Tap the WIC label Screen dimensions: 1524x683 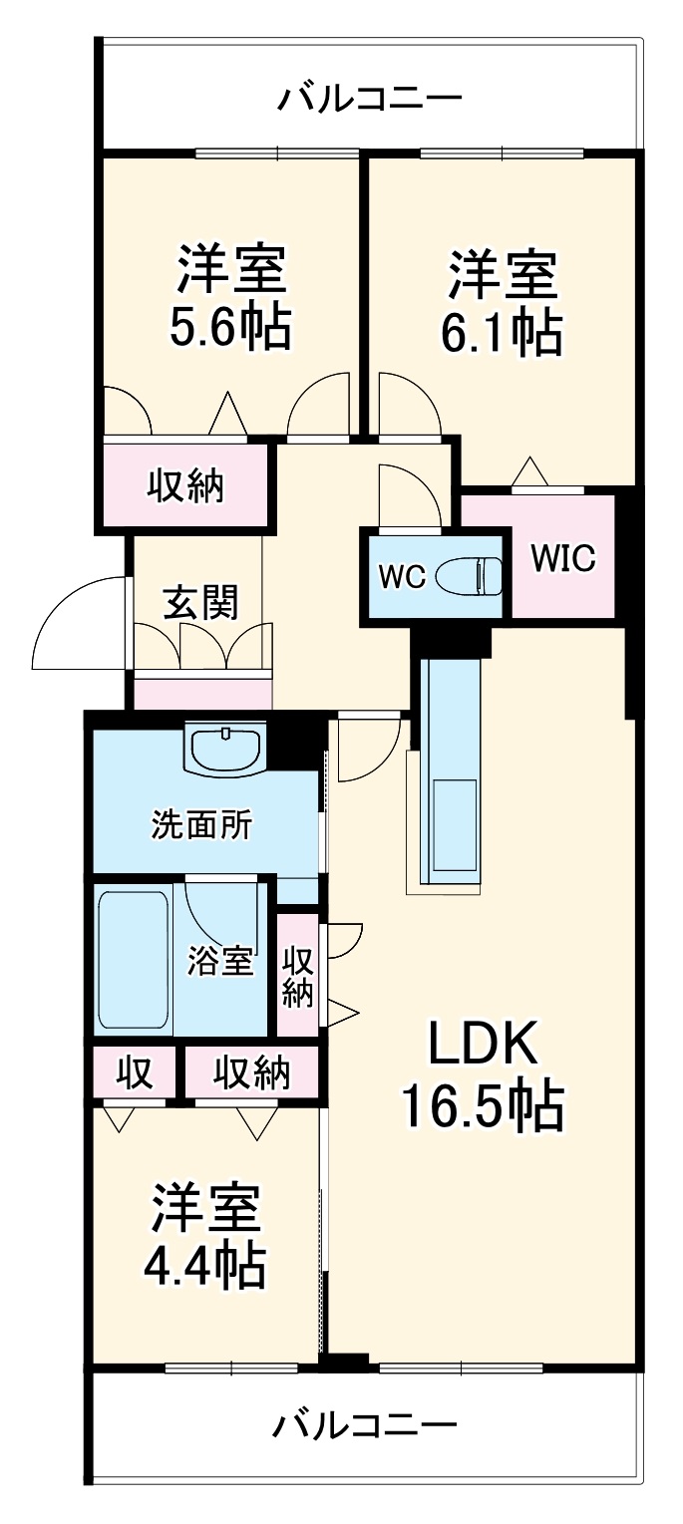562,557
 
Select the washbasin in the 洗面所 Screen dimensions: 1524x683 225,749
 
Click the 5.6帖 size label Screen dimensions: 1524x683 231,326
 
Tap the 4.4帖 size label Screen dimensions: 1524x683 204,1265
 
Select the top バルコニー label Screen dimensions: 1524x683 370,99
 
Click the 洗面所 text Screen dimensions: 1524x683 201,825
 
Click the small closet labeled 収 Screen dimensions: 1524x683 134,1072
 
